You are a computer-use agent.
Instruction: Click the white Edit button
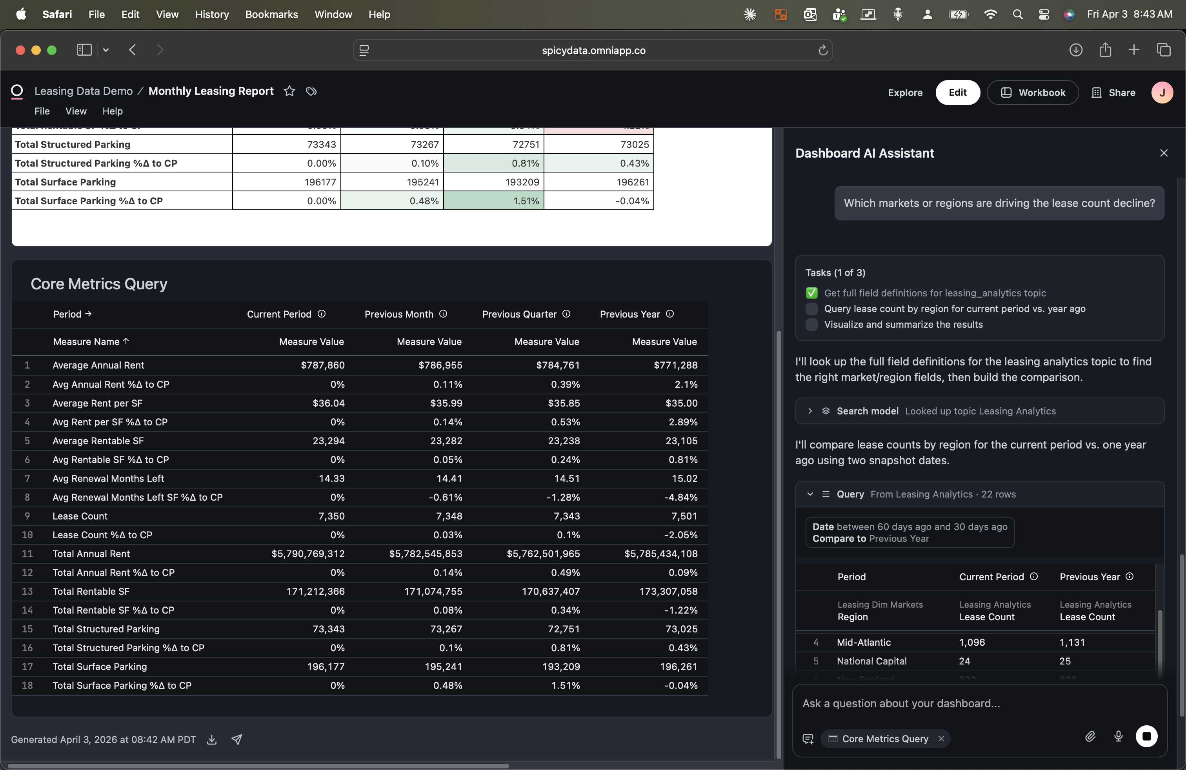click(957, 92)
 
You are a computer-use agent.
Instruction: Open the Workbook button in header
click(1033, 93)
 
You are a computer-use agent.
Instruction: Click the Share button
click(1114, 93)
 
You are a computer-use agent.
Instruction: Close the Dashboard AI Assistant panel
click(1164, 153)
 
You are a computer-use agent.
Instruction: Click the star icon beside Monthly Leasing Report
click(289, 91)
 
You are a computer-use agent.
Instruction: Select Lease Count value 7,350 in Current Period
click(331, 516)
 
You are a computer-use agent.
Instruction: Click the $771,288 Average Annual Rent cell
click(675, 365)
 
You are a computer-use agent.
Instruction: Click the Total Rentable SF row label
click(91, 591)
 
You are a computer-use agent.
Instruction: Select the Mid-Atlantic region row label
click(864, 642)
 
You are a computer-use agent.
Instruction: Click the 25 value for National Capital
click(1065, 661)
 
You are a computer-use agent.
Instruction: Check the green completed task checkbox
click(812, 293)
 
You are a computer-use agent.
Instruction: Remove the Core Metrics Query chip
click(941, 739)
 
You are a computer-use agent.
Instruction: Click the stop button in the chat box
click(1146, 736)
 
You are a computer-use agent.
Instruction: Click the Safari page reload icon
click(823, 50)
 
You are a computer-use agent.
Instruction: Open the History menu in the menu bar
click(212, 15)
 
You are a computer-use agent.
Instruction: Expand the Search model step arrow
click(810, 411)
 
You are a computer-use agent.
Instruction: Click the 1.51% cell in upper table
click(526, 201)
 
